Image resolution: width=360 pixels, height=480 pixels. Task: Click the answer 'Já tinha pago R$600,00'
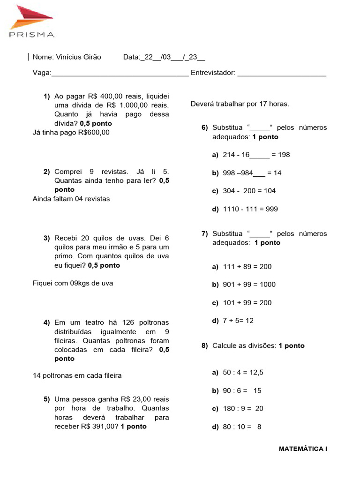pyautogui.click(x=71, y=132)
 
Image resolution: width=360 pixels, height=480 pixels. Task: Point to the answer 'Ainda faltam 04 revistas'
pyautogui.click(x=71, y=199)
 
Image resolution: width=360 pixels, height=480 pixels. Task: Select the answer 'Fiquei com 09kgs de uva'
pyautogui.click(x=73, y=283)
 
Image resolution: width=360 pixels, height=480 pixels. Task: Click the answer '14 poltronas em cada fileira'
pyautogui.click(x=77, y=375)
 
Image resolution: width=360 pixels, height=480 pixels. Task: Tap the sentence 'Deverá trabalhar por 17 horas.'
pyautogui.click(x=240, y=104)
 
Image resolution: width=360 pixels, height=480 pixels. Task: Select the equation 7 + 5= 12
pyautogui.click(x=238, y=321)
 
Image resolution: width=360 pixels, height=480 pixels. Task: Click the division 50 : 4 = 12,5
pyautogui.click(x=243, y=373)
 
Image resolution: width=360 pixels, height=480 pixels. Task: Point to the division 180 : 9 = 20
pyautogui.click(x=243, y=409)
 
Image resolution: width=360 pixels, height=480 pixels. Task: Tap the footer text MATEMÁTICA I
pyautogui.click(x=303, y=449)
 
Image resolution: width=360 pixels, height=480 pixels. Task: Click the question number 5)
pyautogui.click(x=46, y=399)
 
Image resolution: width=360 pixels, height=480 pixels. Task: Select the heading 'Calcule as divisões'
pyautogui.click(x=244, y=346)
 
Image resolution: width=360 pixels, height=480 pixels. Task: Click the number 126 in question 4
pyautogui.click(x=130, y=322)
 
